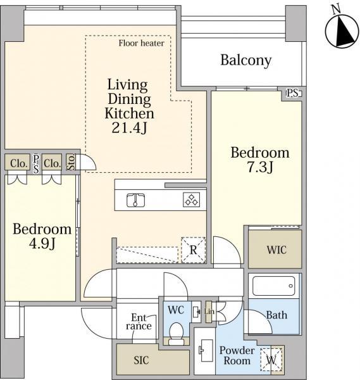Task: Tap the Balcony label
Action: (x=245, y=61)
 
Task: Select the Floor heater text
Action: (x=141, y=43)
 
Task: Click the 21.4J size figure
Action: (x=129, y=127)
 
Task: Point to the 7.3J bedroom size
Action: (x=260, y=167)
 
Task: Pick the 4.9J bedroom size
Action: (x=42, y=243)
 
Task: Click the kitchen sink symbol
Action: (x=136, y=200)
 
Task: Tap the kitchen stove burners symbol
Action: (x=191, y=199)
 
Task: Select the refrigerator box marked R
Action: (x=193, y=250)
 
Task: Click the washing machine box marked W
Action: (x=271, y=360)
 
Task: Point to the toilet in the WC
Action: (x=176, y=334)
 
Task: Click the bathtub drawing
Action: (x=273, y=286)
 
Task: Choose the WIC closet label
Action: (x=276, y=250)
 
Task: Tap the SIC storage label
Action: (x=141, y=360)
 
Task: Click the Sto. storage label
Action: (x=71, y=162)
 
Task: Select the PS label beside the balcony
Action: (x=293, y=93)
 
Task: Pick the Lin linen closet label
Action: (x=209, y=312)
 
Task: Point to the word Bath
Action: (x=276, y=315)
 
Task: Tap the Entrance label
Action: (x=139, y=322)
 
